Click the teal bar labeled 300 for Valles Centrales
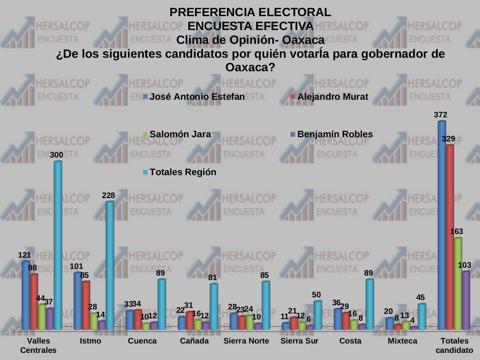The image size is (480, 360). [58, 246]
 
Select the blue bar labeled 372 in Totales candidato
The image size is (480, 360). [442, 225]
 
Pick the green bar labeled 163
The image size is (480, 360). [458, 284]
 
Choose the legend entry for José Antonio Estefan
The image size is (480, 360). [197, 97]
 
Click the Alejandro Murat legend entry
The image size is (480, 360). [332, 97]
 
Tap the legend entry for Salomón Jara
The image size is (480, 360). [180, 134]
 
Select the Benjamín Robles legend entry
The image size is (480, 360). [334, 134]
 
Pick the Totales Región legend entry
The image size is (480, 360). [183, 172]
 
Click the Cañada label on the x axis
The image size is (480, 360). [194, 341]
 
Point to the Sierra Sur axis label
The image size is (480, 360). [299, 341]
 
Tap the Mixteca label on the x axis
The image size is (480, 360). [402, 341]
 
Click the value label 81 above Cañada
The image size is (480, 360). [213, 278]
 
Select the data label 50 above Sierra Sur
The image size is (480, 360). [316, 295]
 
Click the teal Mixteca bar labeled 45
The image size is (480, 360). [422, 317]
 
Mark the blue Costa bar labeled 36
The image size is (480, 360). [337, 319]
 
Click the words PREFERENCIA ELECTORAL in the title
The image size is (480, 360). [250, 12]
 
